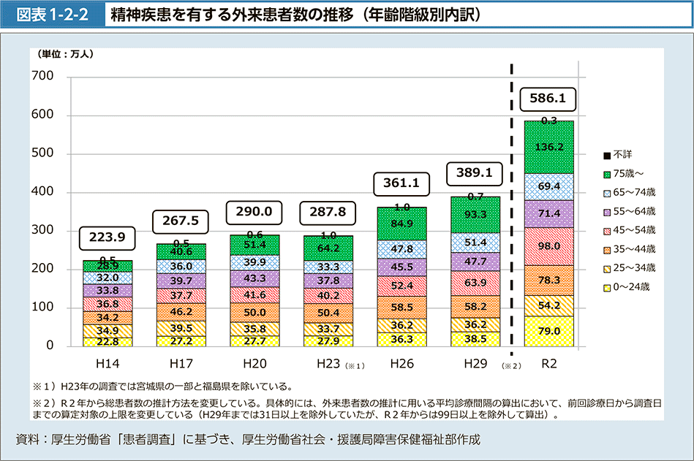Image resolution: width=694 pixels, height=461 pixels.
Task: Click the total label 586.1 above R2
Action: pyautogui.click(x=548, y=97)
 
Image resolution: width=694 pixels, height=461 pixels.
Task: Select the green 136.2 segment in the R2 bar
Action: pyautogui.click(x=548, y=147)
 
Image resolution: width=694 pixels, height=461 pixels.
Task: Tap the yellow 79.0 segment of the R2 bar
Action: pyautogui.click(x=548, y=331)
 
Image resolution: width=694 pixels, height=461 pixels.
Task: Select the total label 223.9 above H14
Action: pyautogui.click(x=108, y=237)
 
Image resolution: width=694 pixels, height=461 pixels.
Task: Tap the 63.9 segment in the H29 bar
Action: pyautogui.click(x=475, y=282)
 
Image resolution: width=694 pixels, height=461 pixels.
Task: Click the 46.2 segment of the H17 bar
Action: pyautogui.click(x=181, y=312)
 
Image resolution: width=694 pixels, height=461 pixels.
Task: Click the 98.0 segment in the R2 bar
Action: pyautogui.click(x=548, y=246)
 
